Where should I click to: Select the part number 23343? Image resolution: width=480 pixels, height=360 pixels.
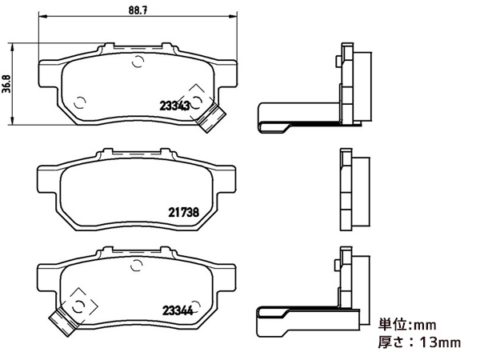click(x=174, y=104)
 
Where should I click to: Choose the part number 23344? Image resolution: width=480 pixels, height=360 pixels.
click(x=178, y=311)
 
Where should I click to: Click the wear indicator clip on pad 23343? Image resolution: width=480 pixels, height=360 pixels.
click(x=210, y=117)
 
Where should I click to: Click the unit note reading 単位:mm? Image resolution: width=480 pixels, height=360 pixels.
click(x=406, y=325)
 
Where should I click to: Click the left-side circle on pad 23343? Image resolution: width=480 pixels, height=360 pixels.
click(x=79, y=101)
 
